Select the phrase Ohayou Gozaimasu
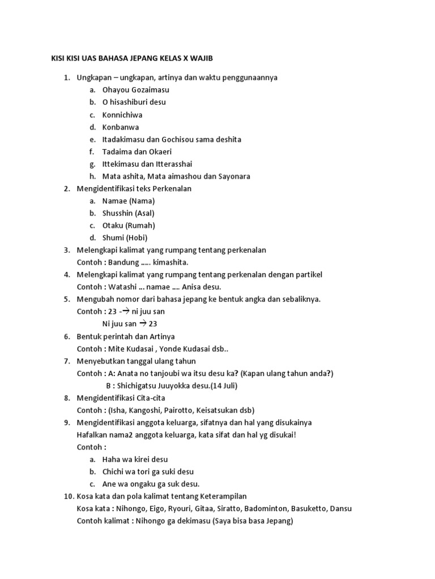pyautogui.click(x=135, y=90)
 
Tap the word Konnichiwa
pyautogui.click(x=122, y=115)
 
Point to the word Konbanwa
pyautogui.click(x=121, y=127)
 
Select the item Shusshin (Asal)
pyautogui.click(x=128, y=213)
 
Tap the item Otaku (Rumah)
pyautogui.click(x=129, y=226)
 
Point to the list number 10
pyautogui.click(x=67, y=496)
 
